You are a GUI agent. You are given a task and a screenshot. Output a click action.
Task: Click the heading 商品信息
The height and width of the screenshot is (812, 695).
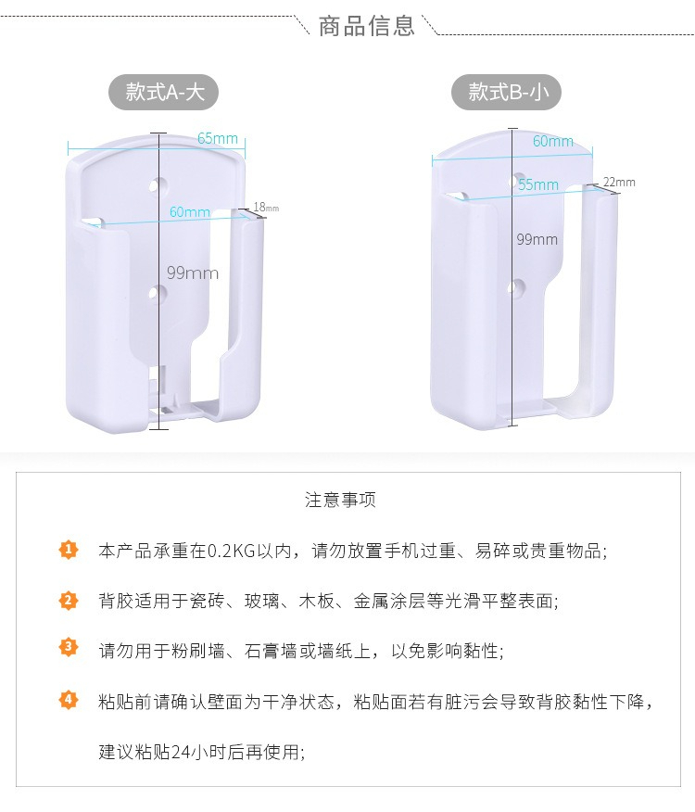click(366, 26)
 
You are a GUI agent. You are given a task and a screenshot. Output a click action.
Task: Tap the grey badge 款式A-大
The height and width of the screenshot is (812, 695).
click(164, 93)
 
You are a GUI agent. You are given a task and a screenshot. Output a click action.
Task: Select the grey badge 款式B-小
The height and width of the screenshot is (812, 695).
click(507, 93)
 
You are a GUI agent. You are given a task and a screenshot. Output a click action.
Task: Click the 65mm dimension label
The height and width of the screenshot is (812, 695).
click(218, 138)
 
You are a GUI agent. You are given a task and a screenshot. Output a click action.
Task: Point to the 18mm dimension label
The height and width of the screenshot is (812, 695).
click(266, 208)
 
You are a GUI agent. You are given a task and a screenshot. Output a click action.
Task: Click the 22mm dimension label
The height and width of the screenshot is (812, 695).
click(619, 183)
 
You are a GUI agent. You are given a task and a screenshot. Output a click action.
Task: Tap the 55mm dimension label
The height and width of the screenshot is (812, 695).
click(538, 184)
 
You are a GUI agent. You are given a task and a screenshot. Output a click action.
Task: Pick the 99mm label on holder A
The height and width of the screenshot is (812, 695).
click(193, 273)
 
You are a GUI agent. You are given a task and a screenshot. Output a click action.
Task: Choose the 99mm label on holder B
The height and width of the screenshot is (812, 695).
click(537, 239)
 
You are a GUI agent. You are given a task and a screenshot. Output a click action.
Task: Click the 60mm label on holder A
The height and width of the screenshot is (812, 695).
click(190, 211)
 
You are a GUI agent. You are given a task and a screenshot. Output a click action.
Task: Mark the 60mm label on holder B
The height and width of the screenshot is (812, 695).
click(553, 141)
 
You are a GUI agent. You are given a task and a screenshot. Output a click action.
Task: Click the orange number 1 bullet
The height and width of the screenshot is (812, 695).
click(69, 550)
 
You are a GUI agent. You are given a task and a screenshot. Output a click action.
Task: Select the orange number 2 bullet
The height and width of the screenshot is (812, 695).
click(69, 601)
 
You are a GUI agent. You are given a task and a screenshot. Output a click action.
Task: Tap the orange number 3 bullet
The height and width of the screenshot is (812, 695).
click(69, 647)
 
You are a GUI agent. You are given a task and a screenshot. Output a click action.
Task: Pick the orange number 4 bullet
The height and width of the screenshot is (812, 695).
click(69, 700)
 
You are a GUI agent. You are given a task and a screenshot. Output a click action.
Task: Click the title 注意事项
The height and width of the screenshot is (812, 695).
click(340, 500)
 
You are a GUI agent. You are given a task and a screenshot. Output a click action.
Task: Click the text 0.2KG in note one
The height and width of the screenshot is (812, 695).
click(232, 551)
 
